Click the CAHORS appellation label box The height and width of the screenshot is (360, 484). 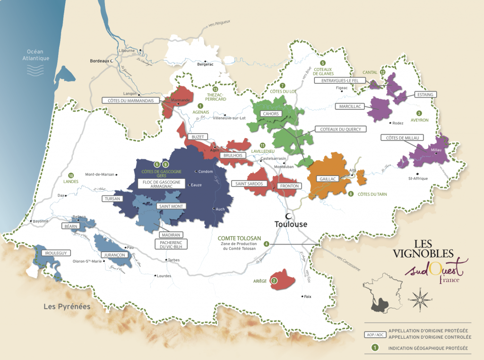click(270, 114)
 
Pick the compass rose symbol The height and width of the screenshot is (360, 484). click(420, 299)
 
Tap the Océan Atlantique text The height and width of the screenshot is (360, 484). click(38, 55)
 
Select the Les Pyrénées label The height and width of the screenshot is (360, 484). click(67, 307)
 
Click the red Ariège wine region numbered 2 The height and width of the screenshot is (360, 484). click(282, 279)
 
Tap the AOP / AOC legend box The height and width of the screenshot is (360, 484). click(375, 334)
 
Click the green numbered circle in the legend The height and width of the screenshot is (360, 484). click(375, 349)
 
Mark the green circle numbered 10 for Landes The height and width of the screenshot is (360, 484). click(71, 175)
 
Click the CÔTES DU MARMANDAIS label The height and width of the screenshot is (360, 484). click(131, 100)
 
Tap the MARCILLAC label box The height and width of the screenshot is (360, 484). click(350, 106)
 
